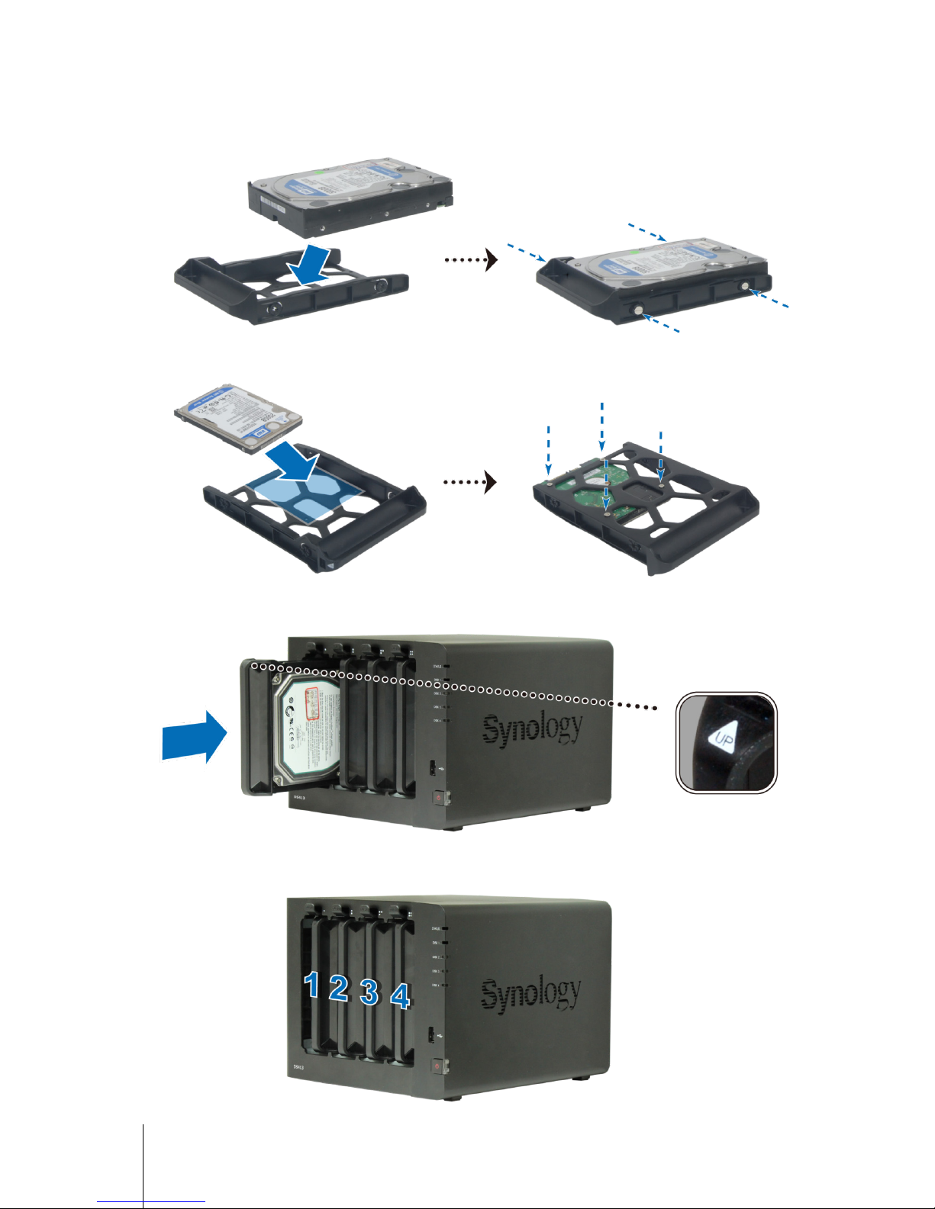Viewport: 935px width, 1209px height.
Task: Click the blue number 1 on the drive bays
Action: [311, 985]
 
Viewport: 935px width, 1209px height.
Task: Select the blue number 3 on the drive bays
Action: [369, 992]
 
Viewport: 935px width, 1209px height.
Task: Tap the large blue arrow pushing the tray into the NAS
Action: [195, 735]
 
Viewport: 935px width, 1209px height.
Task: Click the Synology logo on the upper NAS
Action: [532, 728]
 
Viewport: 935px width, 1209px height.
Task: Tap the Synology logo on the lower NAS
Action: [530, 992]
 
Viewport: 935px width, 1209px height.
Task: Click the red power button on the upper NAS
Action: [439, 799]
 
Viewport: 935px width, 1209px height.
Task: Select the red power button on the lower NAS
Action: [437, 1065]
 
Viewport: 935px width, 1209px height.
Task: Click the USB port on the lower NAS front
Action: [432, 1035]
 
